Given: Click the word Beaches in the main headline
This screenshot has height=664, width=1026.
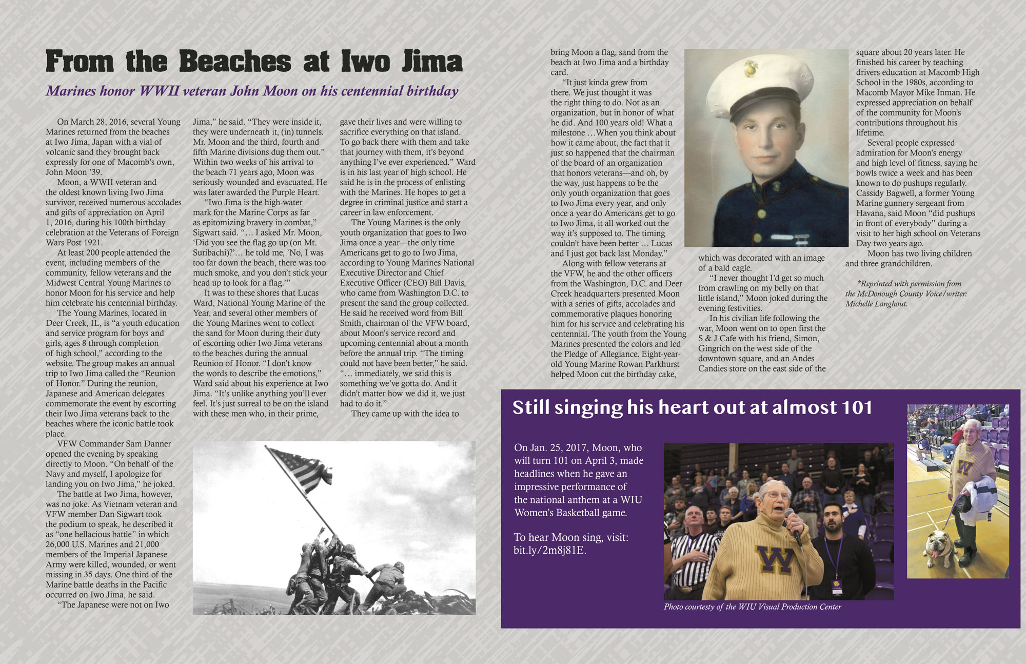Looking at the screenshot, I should tap(235, 62).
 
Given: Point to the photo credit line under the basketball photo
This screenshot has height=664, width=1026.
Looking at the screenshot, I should tap(752, 607).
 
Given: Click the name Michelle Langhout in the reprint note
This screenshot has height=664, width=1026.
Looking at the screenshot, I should tap(876, 304).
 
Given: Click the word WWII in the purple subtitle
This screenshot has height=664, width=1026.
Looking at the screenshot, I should tap(159, 91).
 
